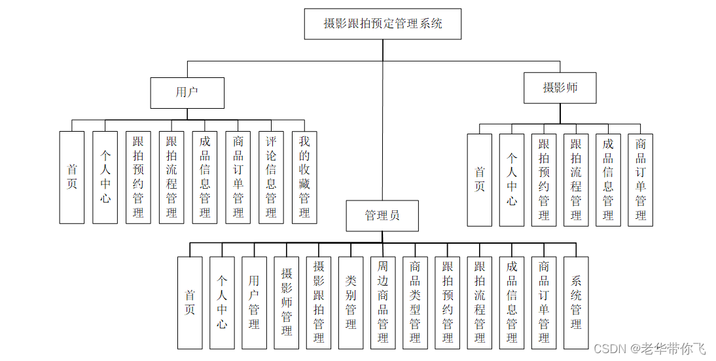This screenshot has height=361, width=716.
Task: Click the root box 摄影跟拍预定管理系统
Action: point(383,24)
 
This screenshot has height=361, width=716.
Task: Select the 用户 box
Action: point(187,92)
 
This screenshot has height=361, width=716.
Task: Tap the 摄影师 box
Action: point(560,88)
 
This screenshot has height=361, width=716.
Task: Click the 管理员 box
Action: point(382,216)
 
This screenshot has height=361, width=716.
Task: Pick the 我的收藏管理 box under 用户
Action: point(304,177)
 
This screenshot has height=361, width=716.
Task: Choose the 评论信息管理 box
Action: point(271,177)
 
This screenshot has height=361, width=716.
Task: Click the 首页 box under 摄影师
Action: point(480,180)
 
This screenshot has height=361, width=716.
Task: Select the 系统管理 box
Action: point(576,302)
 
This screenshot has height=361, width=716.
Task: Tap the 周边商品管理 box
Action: point(383,302)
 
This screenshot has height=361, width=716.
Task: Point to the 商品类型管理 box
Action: point(415,302)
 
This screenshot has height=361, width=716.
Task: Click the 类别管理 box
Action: point(351,302)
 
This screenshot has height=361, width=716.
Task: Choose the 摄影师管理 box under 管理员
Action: point(287,302)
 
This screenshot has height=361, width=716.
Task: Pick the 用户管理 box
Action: point(254,302)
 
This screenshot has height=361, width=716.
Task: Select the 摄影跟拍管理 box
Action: point(319,302)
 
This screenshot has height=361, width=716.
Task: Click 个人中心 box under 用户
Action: point(105,177)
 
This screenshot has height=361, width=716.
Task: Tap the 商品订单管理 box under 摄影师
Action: point(641,180)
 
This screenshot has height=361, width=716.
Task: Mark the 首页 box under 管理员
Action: point(190,302)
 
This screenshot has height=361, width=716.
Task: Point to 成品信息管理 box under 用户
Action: point(205,177)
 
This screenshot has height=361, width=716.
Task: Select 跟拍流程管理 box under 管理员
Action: point(480,302)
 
